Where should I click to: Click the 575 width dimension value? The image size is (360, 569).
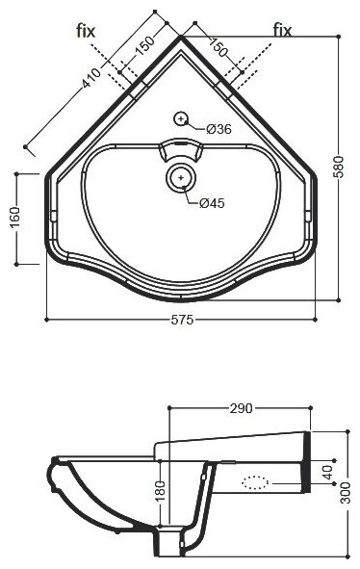coord(182,320)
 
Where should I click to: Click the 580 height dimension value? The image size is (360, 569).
coord(338,167)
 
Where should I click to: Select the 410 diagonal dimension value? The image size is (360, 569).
coord(91,78)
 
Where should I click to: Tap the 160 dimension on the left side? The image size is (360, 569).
coord(14,218)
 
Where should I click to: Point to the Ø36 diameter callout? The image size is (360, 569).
coord(219,129)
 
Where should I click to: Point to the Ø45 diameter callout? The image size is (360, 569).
coord(212,203)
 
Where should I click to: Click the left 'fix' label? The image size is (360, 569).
coord(86,31)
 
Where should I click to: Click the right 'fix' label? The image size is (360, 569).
coord(282,31)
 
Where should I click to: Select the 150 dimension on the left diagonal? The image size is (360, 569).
coord(144,45)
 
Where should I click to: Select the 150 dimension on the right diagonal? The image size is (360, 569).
coord(219,47)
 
